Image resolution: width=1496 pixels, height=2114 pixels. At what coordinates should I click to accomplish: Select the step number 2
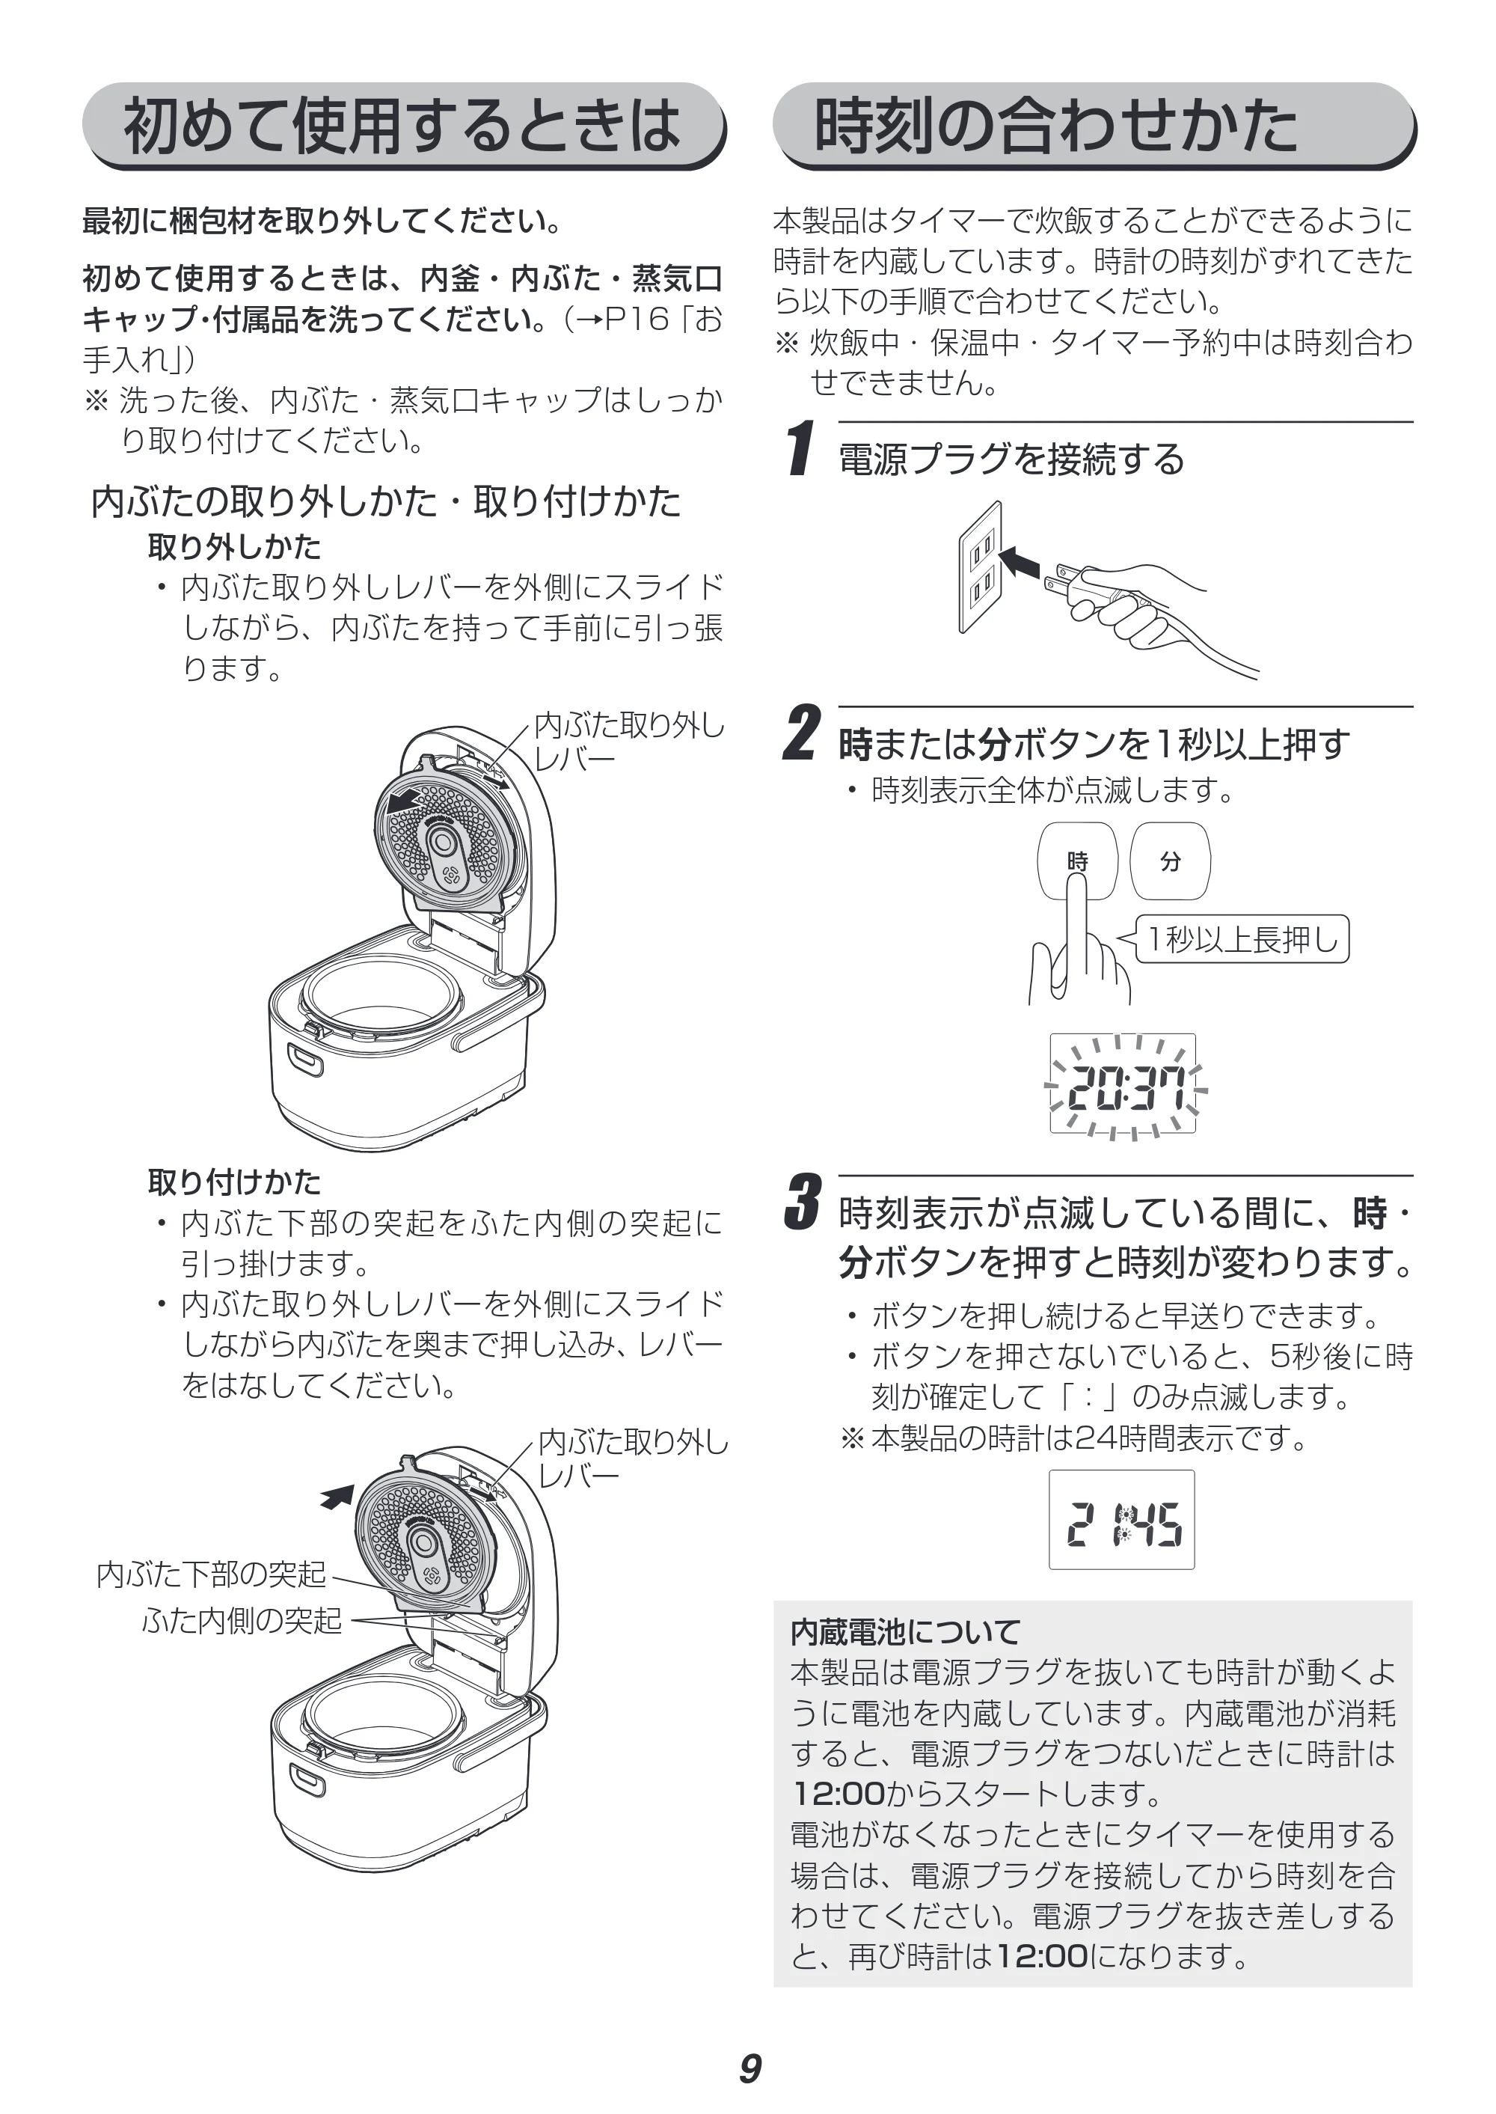tap(801, 733)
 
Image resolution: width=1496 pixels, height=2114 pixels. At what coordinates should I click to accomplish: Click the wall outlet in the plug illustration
tap(980, 566)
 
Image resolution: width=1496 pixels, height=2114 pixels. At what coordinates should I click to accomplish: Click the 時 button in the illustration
tap(1077, 861)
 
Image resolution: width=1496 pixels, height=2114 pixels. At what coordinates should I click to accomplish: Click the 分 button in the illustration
tap(1170, 861)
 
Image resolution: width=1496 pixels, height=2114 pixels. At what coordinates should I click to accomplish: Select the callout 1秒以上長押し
tap(1242, 938)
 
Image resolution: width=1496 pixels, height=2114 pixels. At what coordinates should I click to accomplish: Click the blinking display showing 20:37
tap(1123, 1084)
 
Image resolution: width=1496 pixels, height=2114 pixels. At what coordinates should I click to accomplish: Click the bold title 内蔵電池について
tap(906, 1632)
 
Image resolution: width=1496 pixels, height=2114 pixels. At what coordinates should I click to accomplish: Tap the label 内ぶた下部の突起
tap(211, 1573)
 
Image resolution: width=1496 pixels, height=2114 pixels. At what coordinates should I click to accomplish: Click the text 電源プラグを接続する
tap(1011, 459)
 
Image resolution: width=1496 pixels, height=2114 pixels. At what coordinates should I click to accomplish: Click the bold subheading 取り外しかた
tap(234, 546)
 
